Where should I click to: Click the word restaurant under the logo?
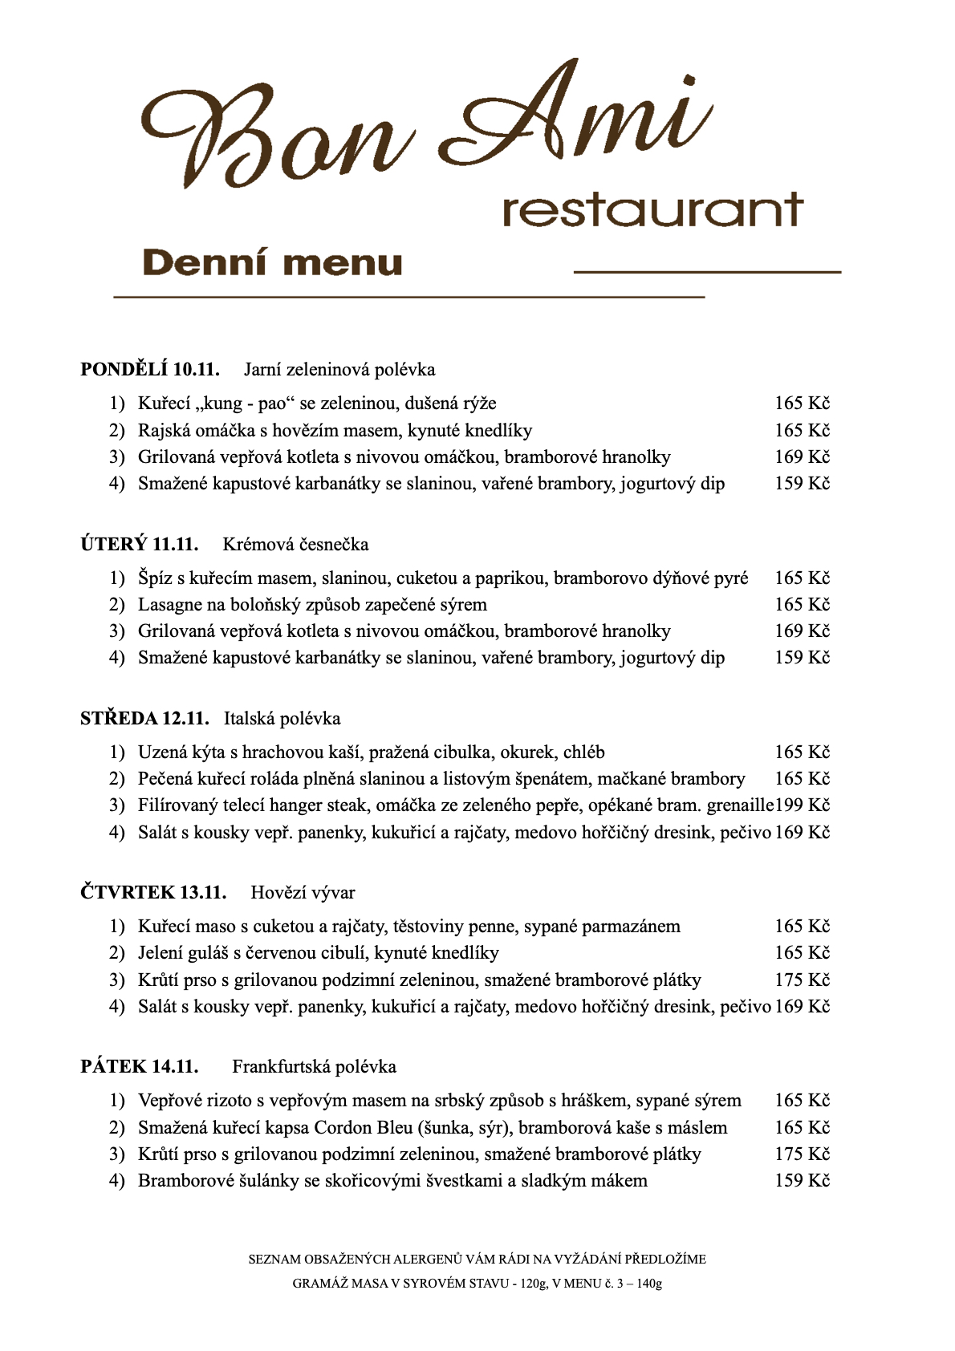652,210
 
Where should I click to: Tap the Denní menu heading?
272,263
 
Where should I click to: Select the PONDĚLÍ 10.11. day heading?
150,369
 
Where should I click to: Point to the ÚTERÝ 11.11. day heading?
140,544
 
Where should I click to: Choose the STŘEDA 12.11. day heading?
144,718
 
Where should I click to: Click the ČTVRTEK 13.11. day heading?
153,892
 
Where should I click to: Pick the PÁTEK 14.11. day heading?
140,1066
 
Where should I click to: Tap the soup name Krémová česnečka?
295,544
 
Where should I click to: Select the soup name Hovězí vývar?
303,892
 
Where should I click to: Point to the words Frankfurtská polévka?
314,1066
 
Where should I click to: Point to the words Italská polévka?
282,718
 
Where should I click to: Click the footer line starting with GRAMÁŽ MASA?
477,1283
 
